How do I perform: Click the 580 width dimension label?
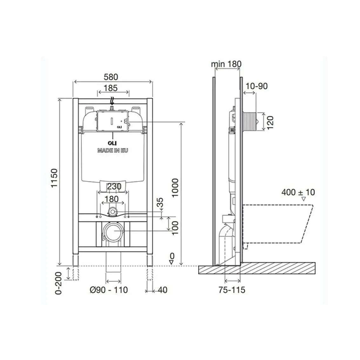pyautogui.click(x=111, y=77)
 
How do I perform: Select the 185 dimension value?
pyautogui.click(x=111, y=88)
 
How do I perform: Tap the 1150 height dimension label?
pyautogui.click(x=54, y=178)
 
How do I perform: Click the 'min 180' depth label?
pyautogui.click(x=226, y=64)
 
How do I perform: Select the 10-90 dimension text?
pyautogui.click(x=257, y=86)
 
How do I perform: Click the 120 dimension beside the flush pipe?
pyautogui.click(x=270, y=123)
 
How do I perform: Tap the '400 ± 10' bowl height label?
pyautogui.click(x=298, y=192)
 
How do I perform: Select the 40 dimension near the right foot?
pyautogui.click(x=162, y=290)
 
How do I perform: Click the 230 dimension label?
pyautogui.click(x=114, y=187)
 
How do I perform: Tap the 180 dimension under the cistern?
pyautogui.click(x=112, y=199)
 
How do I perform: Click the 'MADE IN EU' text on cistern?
pyautogui.click(x=112, y=150)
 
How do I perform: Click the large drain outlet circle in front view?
pyautogui.click(x=113, y=231)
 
